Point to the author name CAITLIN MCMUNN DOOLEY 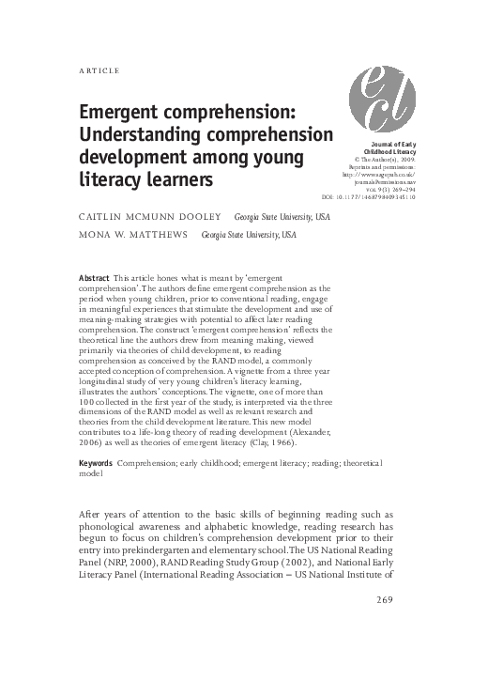(146, 216)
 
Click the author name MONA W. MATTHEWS (132, 236)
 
